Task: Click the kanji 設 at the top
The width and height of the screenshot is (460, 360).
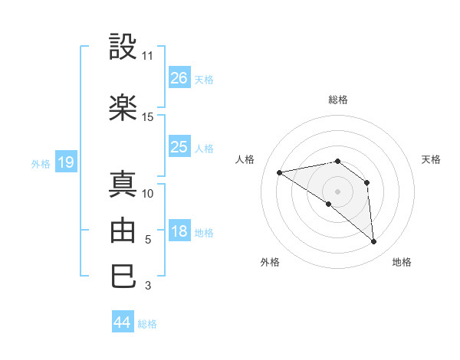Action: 124,47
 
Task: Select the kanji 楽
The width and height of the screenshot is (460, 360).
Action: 124,109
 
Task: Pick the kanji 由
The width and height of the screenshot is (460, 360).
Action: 124,230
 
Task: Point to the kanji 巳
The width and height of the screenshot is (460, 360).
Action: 124,276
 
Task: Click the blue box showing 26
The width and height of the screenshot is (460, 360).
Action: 179,78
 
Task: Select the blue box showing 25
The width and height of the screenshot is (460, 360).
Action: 179,147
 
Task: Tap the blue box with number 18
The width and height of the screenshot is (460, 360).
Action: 179,232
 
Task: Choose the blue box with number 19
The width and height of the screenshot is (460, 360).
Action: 65,162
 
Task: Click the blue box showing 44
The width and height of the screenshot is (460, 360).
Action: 123,322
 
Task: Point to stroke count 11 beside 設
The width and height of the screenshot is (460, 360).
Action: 148,56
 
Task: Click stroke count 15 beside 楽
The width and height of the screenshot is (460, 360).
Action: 148,117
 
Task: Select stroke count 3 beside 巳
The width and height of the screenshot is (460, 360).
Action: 148,286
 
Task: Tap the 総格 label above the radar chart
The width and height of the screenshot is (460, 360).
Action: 338,100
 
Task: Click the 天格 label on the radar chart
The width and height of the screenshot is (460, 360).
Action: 432,159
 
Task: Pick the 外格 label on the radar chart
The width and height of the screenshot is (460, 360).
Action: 270,262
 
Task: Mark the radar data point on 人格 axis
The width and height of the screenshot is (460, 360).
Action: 280,172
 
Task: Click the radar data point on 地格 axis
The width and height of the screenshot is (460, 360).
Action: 374,242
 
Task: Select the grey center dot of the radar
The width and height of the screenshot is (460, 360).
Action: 337,191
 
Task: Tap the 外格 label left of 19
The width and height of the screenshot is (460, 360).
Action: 40,163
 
